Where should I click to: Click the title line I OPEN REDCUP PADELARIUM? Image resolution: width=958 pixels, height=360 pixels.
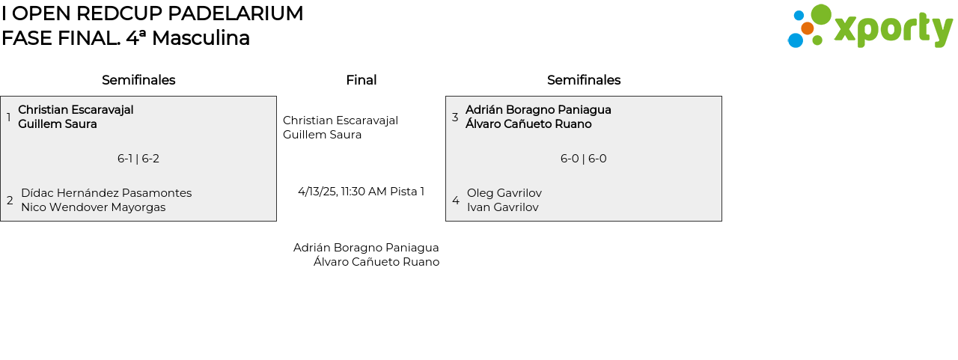[153, 13]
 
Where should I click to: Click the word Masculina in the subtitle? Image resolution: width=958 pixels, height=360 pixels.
[201, 38]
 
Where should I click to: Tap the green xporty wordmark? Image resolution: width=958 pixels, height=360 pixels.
[893, 30]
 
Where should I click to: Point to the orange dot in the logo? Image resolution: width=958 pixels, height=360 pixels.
[807, 28]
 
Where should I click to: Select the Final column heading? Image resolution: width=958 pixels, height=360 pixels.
[361, 80]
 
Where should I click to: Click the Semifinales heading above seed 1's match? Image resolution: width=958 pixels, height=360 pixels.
[138, 80]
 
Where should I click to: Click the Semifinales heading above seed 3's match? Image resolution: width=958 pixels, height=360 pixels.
[584, 80]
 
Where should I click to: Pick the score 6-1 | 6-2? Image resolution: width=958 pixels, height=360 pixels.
[138, 159]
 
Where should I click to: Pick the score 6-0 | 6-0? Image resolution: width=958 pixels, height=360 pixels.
[584, 159]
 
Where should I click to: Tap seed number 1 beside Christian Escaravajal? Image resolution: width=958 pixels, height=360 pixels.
[9, 118]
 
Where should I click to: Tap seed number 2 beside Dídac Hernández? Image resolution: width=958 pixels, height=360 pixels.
[10, 201]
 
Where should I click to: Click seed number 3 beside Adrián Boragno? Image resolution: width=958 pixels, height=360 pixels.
[455, 118]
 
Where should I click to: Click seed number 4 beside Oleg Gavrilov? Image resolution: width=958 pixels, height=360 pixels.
[456, 201]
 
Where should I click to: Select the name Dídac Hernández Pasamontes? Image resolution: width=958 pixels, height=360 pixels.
[106, 193]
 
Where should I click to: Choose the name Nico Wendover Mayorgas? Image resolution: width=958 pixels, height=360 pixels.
[94, 207]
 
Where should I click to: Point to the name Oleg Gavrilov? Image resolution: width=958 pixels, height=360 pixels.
[504, 193]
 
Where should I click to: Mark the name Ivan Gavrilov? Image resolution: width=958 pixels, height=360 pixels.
[503, 207]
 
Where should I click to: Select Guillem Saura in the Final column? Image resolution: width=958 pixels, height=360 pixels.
[323, 135]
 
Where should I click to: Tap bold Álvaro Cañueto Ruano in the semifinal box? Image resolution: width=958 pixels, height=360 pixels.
[528, 124]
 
